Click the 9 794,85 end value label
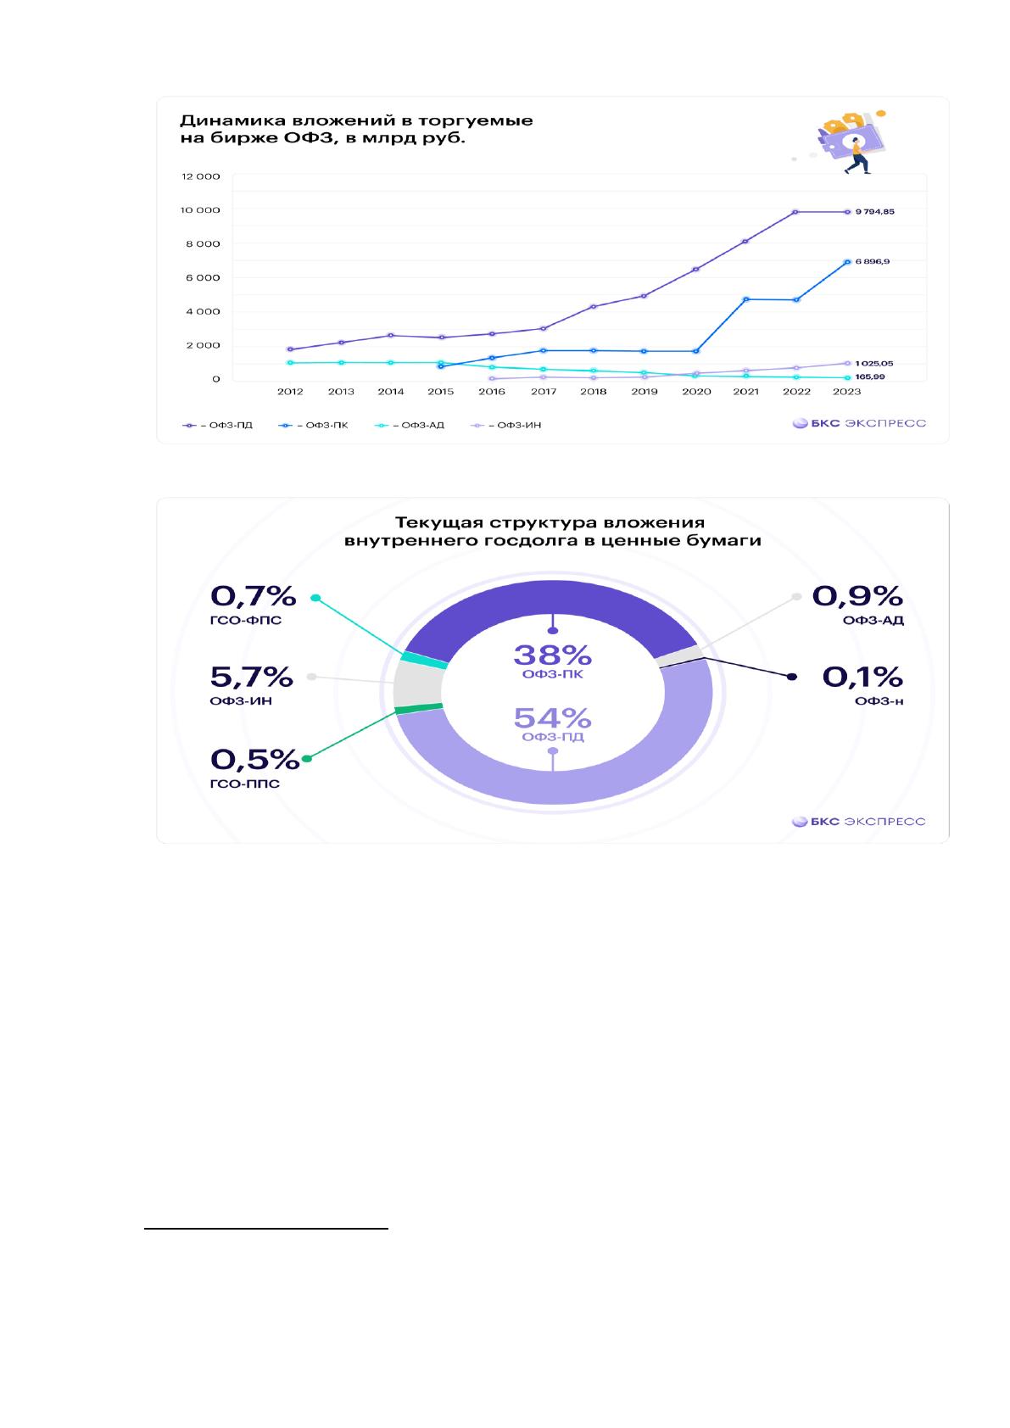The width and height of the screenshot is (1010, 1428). point(874,212)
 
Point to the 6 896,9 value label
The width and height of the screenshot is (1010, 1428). point(873,261)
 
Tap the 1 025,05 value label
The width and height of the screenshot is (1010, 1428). point(873,364)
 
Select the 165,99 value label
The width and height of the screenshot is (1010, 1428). point(870,377)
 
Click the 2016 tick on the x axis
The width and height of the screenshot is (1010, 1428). point(492,392)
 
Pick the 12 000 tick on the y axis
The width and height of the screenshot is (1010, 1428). point(201,176)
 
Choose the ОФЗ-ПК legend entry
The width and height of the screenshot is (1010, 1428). point(313,425)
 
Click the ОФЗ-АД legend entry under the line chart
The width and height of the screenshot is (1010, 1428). point(410,425)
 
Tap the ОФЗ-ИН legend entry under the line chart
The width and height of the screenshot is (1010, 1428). point(505,425)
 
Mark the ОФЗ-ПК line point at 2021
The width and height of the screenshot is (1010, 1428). point(746,299)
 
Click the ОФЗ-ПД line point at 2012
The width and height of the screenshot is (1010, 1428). point(290,349)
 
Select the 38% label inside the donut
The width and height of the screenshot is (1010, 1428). point(552,655)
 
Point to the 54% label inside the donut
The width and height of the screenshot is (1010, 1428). point(552,718)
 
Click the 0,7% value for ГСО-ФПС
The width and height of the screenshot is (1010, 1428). point(254,596)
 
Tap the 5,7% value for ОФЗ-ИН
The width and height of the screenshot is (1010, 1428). point(251,677)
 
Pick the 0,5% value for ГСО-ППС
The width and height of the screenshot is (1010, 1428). point(254,759)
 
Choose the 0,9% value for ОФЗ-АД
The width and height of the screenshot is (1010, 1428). point(857,596)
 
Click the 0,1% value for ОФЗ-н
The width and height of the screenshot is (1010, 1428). point(862,677)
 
